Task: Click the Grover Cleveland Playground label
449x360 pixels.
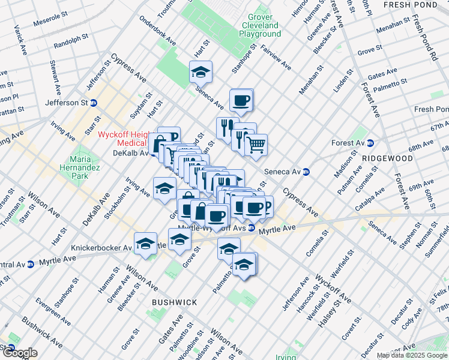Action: [259, 26]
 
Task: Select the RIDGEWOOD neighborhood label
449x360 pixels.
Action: [387, 158]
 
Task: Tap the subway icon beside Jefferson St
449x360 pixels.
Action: [94, 103]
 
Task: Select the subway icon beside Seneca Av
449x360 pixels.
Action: [305, 171]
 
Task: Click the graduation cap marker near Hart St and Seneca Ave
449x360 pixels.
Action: [200, 73]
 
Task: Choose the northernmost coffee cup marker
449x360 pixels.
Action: [241, 100]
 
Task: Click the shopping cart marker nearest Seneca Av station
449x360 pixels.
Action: [256, 145]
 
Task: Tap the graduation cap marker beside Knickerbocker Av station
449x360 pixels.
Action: [145, 244]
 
